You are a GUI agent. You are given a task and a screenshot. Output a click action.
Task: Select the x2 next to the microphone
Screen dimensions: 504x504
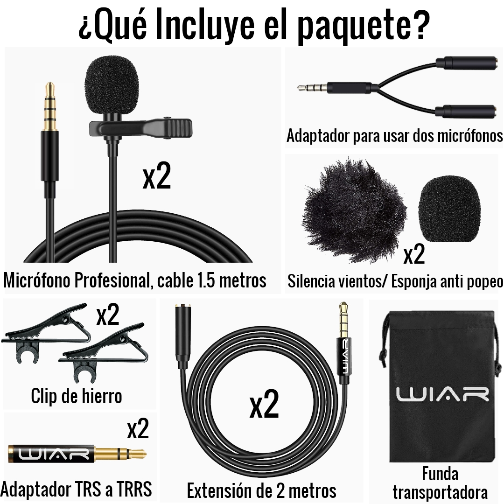tap(156, 176)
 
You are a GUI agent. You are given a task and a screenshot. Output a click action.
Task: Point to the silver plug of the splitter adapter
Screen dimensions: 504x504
tap(312, 87)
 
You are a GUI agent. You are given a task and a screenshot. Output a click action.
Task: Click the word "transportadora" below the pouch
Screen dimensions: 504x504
tap(440, 492)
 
